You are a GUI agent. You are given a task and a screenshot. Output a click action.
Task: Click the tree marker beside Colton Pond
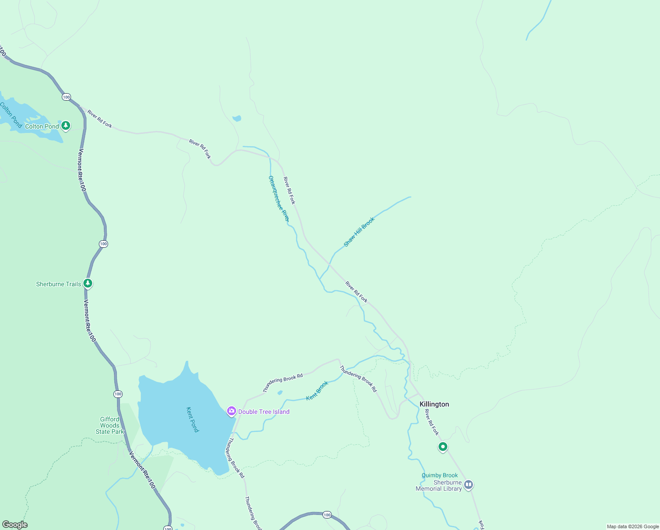[x=66, y=126]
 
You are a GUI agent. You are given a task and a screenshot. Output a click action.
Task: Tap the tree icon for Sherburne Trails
[x=88, y=283]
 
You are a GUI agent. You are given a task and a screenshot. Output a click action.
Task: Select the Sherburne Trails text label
[x=59, y=284]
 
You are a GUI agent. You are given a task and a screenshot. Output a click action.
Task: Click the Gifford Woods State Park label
[x=110, y=425]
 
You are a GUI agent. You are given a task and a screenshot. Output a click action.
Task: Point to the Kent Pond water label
[x=193, y=419]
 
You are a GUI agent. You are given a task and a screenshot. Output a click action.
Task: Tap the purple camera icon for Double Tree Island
[x=231, y=411]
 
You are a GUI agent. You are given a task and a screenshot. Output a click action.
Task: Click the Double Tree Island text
[x=264, y=412]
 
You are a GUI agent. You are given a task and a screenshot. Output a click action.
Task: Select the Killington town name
[x=434, y=404]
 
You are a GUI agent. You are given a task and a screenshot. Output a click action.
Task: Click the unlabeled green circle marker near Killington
[x=442, y=447]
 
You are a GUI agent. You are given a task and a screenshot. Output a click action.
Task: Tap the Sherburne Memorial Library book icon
[x=469, y=485]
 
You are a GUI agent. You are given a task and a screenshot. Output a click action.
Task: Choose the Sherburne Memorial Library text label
[x=439, y=485]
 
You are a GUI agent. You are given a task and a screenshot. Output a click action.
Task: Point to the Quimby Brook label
[x=439, y=475]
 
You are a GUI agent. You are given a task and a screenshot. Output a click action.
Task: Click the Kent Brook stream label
[x=318, y=390]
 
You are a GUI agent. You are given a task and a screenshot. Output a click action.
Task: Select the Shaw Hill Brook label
[x=359, y=231]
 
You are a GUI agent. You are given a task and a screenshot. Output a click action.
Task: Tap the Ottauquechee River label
[x=279, y=198]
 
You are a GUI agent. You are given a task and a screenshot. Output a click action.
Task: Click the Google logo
[x=15, y=525]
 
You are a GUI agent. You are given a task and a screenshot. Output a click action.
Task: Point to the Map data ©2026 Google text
[x=632, y=526]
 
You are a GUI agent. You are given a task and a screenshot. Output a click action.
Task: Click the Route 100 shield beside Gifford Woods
[x=118, y=394]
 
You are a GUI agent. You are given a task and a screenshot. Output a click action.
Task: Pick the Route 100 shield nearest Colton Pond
[x=66, y=97]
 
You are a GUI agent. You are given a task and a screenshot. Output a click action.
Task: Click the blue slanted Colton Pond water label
[x=11, y=115]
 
